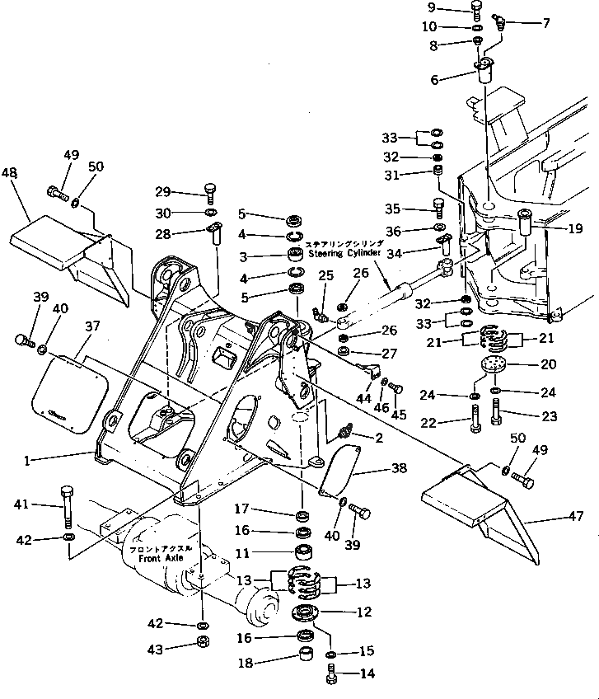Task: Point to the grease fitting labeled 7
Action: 497,21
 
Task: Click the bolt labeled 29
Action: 209,192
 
